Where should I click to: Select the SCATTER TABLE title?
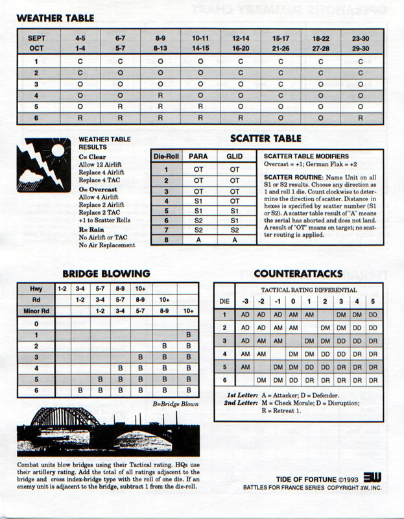coord(266,138)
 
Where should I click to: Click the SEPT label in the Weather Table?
coord(36,38)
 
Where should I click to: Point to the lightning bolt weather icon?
coord(45,162)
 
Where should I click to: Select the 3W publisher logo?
coord(372,476)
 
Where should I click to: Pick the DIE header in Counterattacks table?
coord(225,301)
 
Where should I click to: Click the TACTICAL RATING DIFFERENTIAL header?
coord(307,289)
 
